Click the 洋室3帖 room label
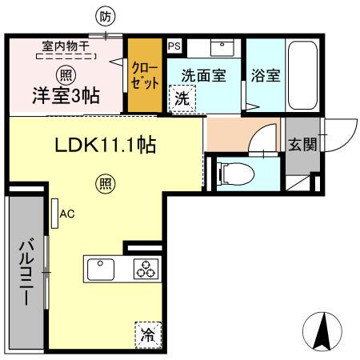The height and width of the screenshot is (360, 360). click(66, 95)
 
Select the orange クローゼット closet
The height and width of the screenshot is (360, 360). click(146, 76)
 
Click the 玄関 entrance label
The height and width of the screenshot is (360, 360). click(301, 144)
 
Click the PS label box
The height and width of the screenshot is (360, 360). click(174, 46)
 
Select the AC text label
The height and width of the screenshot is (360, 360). click(67, 214)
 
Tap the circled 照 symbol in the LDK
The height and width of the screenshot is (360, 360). click(105, 183)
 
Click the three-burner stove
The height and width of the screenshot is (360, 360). click(144, 270)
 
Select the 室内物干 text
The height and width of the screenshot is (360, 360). click(67, 46)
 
